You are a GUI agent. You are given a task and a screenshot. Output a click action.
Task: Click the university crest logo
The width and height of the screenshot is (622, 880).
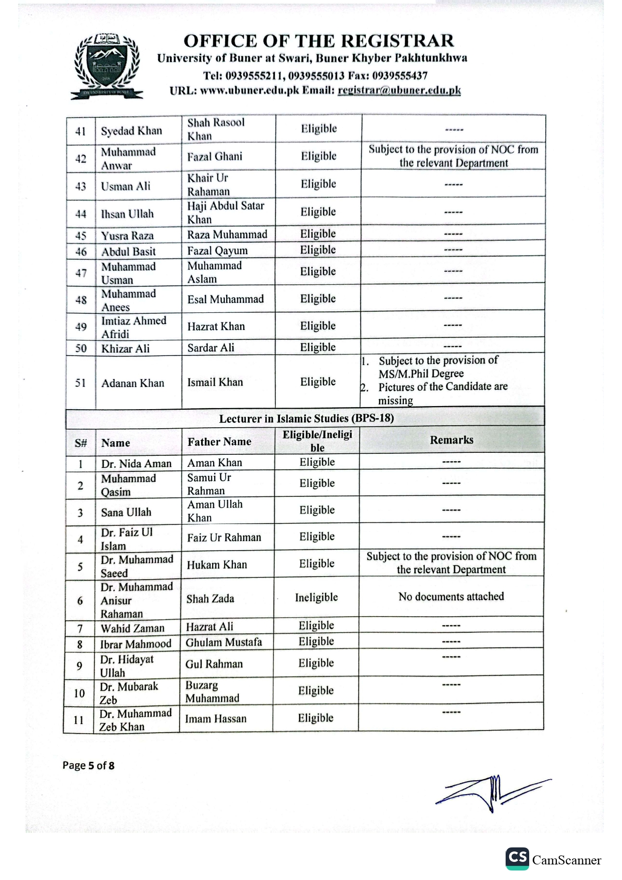tap(106, 66)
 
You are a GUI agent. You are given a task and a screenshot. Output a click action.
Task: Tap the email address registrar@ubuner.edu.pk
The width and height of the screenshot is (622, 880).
tap(399, 91)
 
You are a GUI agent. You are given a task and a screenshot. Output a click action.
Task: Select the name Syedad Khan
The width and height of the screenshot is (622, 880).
tap(131, 131)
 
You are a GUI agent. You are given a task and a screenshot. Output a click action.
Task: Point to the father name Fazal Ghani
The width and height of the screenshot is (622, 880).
tap(215, 156)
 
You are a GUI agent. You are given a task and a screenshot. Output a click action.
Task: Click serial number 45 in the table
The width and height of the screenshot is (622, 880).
tap(81, 236)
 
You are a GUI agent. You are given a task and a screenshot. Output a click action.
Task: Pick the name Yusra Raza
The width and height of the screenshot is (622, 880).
tap(127, 236)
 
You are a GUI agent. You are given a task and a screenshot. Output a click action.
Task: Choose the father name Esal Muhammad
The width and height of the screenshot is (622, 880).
tap(225, 299)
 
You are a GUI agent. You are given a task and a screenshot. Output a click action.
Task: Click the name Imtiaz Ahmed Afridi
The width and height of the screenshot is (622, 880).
tap(133, 327)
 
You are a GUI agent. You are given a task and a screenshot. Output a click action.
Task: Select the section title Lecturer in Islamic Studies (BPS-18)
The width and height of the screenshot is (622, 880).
tap(306, 418)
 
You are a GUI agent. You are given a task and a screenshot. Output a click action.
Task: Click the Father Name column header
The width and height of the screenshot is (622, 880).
tap(219, 442)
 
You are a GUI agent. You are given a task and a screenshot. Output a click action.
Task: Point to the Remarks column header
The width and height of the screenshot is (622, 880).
tap(451, 440)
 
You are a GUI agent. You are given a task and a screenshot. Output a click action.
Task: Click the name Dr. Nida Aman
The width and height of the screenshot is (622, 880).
tap(136, 463)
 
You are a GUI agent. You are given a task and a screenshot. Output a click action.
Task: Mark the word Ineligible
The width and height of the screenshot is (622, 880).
tap(316, 597)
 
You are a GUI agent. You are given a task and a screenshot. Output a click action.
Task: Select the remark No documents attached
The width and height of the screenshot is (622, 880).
tap(451, 596)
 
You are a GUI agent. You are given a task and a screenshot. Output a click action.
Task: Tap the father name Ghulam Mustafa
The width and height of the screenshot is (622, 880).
tap(224, 642)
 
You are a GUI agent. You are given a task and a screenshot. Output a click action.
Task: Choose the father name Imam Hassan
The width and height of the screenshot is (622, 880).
tap(216, 719)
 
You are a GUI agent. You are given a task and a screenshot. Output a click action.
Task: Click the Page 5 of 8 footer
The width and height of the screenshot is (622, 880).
tap(88, 765)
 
